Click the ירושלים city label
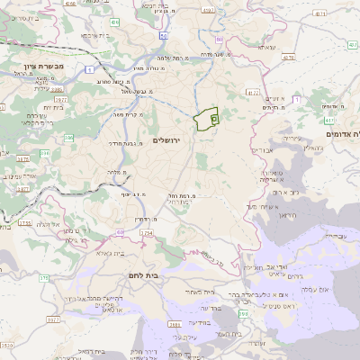pyautogui.click(x=168, y=140)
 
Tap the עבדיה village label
pyautogui.click(x=333, y=236)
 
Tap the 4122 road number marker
pyautogui.click(x=253, y=92)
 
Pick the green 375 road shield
pyautogui.click(x=43, y=277)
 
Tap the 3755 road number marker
pyautogui.click(x=24, y=222)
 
